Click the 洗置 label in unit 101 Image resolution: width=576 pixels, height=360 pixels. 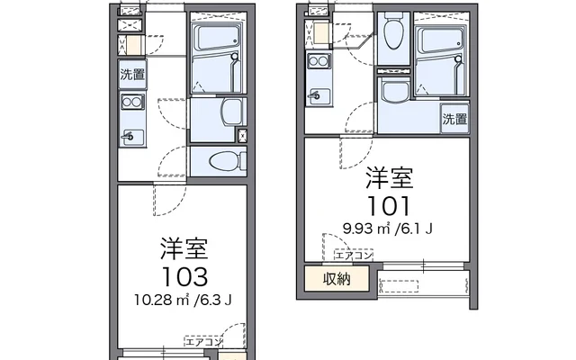pos(454,119)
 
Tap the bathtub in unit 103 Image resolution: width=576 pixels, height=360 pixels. pos(215,58)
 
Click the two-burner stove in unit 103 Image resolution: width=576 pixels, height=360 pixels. pos(132,103)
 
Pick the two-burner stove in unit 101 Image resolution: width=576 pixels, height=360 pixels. pos(318,61)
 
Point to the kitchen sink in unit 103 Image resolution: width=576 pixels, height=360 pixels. pos(132,136)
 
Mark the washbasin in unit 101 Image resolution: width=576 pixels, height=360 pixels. pos(393,92)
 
